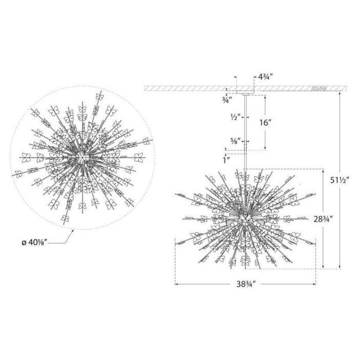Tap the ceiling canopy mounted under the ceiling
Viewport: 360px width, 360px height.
point(245,90)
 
